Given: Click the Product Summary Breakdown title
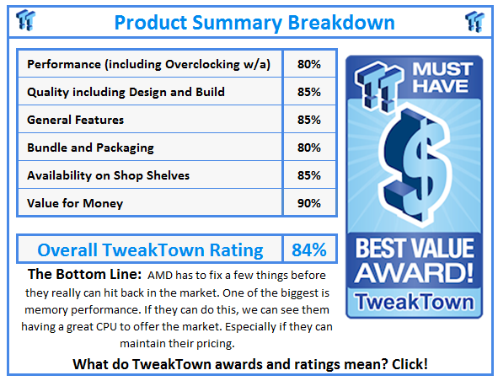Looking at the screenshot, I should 248,21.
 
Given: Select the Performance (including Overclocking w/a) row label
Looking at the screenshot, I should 149,64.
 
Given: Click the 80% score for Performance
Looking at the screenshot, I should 308,64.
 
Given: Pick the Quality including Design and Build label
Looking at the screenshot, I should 126,92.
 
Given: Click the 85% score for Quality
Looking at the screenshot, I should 308,92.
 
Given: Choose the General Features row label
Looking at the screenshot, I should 76,120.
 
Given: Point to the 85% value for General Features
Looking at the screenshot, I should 308,120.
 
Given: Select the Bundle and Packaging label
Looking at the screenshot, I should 90,148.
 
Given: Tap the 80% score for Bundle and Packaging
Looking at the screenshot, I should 308,148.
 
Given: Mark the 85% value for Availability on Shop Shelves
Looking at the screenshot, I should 308,175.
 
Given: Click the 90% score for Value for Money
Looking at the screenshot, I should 308,203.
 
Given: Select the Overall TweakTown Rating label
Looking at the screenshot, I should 150,250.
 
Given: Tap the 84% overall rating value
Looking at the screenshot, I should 308,250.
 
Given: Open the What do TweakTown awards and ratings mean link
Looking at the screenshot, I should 250,364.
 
